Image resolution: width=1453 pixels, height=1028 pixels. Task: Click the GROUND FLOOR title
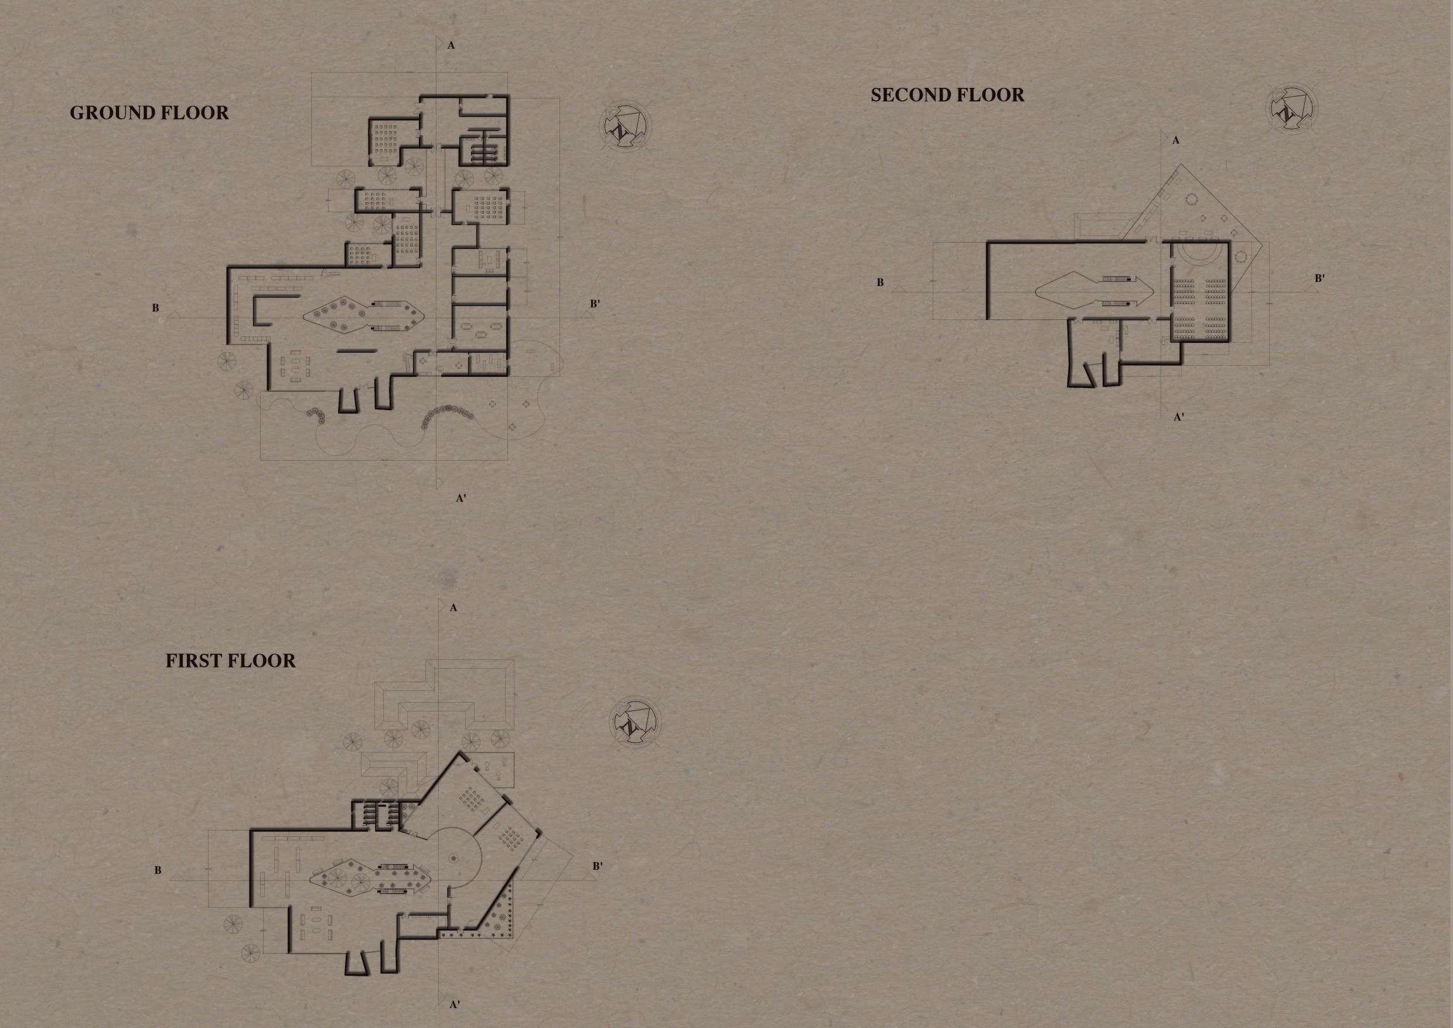149,113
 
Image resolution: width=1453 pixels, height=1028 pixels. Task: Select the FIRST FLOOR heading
230,662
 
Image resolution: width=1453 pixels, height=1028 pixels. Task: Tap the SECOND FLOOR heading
947,96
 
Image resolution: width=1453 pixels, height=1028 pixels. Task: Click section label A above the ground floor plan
451,46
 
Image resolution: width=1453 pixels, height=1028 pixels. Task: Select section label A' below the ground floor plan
461,498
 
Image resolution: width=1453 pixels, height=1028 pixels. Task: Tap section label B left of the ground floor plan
155,309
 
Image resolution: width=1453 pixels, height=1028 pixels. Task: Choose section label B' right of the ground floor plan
595,304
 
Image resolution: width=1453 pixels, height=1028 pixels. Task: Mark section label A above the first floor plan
453,608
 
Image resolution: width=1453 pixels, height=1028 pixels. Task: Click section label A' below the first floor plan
455,1005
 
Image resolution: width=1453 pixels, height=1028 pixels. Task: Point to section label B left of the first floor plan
158,871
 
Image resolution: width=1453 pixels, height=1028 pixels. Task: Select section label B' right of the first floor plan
598,866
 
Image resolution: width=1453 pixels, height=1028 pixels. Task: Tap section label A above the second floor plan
1176,141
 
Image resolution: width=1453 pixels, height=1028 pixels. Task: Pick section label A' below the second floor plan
1179,417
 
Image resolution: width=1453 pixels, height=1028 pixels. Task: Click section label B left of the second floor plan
879,283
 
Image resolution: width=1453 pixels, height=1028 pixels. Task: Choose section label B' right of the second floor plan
1320,278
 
